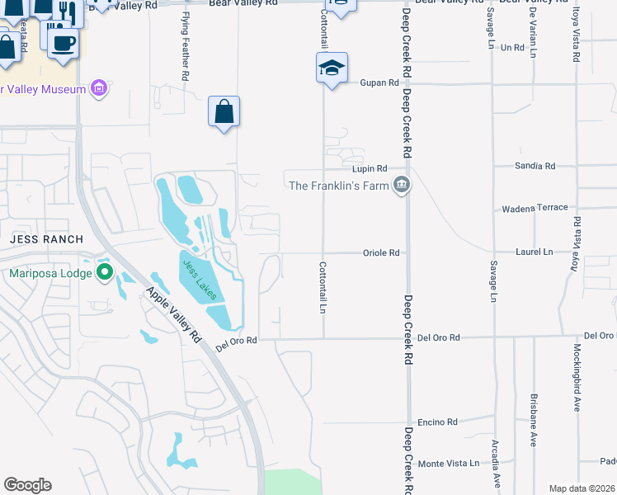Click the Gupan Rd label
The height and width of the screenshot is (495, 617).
click(x=379, y=83)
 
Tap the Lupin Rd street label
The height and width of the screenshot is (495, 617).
click(x=370, y=168)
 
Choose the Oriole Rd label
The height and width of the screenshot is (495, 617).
click(x=381, y=253)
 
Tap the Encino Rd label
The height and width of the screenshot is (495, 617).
click(x=438, y=422)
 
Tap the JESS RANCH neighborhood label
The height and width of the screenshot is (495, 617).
click(x=47, y=239)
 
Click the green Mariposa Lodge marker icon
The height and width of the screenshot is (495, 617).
click(x=105, y=271)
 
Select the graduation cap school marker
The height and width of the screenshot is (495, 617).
click(x=332, y=68)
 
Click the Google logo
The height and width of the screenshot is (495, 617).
click(x=27, y=485)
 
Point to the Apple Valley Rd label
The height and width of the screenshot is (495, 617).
click(x=173, y=313)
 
